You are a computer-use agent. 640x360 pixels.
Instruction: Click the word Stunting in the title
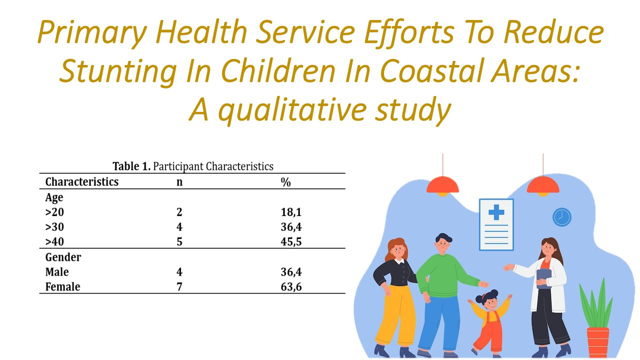tap(118, 71)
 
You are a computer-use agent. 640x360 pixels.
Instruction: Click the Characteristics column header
tap(81, 181)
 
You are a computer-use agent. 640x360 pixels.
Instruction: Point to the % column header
tap(285, 182)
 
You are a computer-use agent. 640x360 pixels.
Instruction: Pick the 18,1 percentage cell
tap(291, 212)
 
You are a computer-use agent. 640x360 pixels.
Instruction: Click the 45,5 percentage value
tap(291, 241)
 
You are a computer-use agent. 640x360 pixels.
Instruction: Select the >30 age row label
tap(54, 227)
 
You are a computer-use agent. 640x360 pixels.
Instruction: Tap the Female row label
tap(62, 286)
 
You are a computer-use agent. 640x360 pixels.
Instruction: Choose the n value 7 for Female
tap(179, 286)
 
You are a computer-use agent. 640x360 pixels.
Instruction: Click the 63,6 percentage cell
tap(291, 287)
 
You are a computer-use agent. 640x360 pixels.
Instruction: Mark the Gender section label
tap(63, 257)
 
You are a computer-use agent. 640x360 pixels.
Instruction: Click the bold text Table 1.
tap(131, 166)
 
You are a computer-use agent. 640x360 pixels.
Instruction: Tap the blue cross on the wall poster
tap(496, 212)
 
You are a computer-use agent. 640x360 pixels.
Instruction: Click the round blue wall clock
tap(561, 217)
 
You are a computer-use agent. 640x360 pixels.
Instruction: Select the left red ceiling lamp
tap(442, 185)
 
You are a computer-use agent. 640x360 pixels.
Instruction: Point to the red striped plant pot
tap(598, 342)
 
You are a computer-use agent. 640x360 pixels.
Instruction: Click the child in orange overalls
tap(489, 323)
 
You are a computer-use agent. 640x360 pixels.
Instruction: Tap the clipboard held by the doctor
tap(543, 278)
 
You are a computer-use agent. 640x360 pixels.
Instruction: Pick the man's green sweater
tap(443, 275)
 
